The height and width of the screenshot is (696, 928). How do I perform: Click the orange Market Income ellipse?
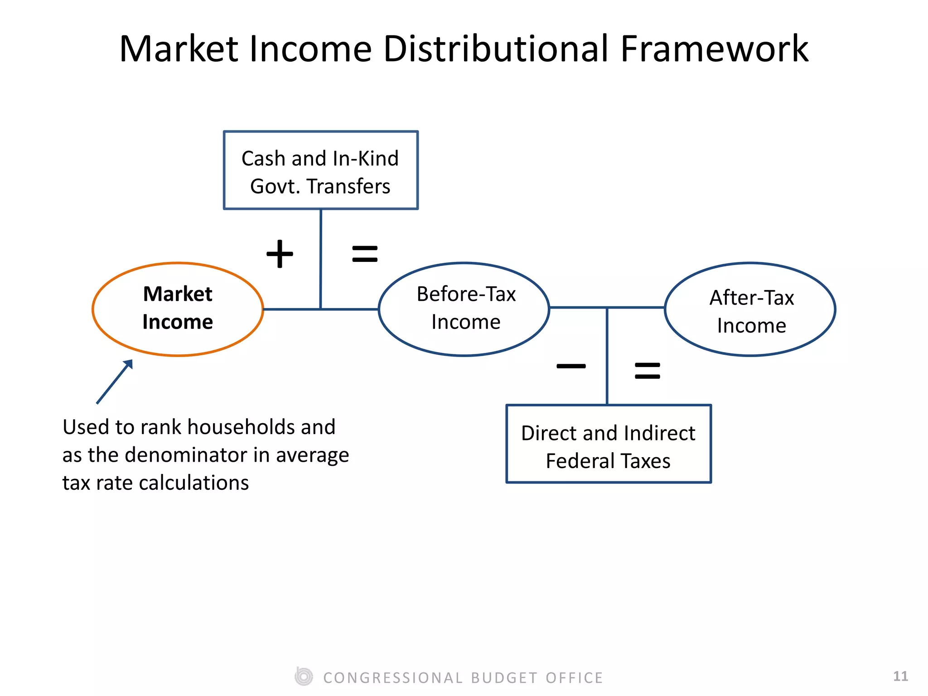(178, 309)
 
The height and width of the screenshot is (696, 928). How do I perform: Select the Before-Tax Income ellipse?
(464, 309)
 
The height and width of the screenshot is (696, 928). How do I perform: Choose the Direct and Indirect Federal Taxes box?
(609, 444)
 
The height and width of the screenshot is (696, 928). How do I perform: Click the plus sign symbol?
(280, 254)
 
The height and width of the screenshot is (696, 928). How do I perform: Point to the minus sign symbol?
(571, 366)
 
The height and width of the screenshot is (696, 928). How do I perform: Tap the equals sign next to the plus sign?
(365, 254)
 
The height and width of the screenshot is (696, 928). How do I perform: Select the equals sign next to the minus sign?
(648, 371)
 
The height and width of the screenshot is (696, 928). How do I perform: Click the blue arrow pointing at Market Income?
(115, 382)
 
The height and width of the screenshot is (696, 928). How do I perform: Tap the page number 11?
(900, 677)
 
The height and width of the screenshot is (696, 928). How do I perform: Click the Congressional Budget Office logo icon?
(304, 677)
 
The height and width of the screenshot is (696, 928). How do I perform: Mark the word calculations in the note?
(194, 483)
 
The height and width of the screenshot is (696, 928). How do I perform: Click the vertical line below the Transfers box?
(321, 258)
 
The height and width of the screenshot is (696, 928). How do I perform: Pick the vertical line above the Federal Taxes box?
(607, 356)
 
